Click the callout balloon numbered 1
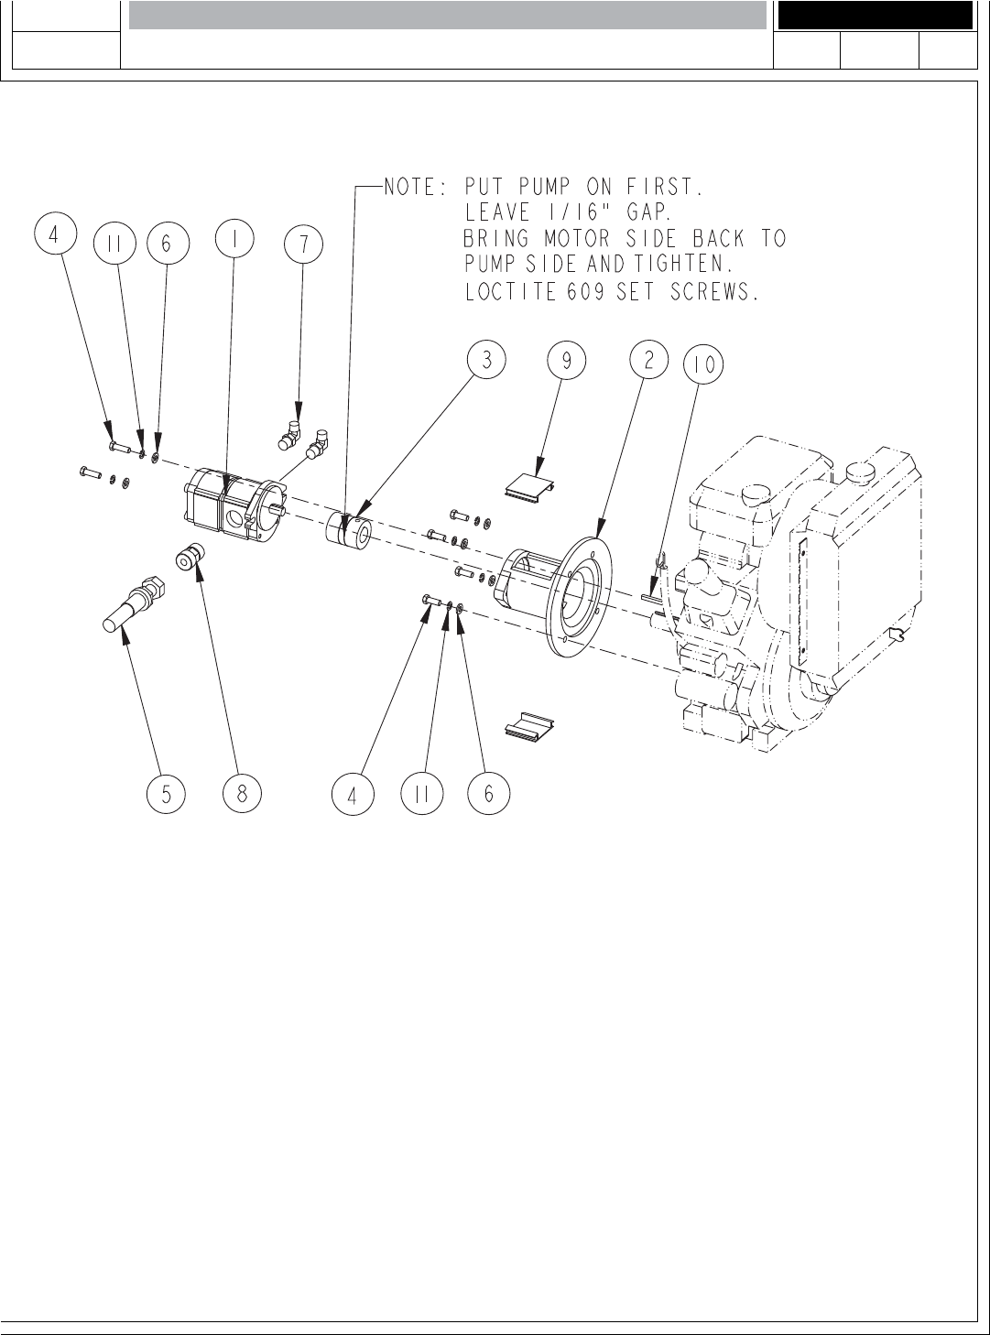(x=234, y=239)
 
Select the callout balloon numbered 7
(x=303, y=243)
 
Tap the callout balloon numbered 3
(x=487, y=361)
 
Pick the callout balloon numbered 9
(x=567, y=361)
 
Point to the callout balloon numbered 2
(x=648, y=360)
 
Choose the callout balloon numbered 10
(x=703, y=365)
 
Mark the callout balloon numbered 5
(x=166, y=794)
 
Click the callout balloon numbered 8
(x=242, y=794)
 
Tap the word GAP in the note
(x=645, y=213)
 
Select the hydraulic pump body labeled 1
(x=231, y=503)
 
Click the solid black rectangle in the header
(x=875, y=16)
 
